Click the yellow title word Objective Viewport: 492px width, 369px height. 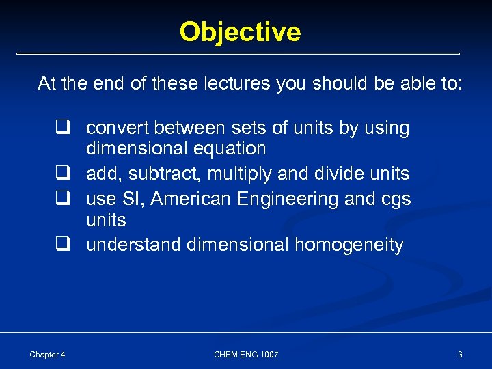pos(240,32)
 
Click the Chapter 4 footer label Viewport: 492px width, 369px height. pos(47,354)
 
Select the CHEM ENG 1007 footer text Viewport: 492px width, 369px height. pos(246,354)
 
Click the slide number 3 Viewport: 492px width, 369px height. pos(460,354)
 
